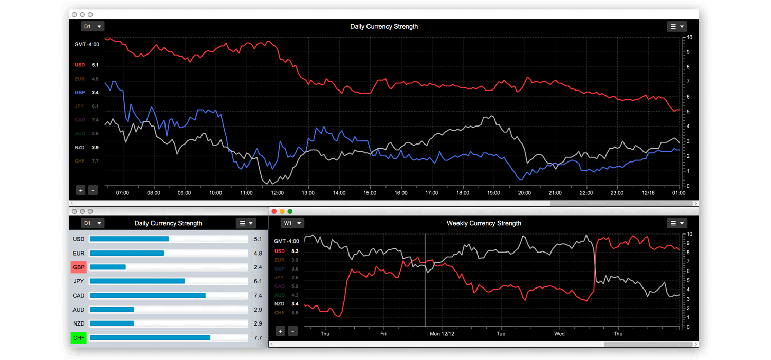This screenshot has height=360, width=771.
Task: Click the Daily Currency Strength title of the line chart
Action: pyautogui.click(x=384, y=26)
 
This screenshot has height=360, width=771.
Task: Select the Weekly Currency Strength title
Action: pyautogui.click(x=484, y=223)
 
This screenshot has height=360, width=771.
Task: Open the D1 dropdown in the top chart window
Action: pyautogui.click(x=93, y=26)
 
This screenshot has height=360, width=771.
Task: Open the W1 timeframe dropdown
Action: pyautogui.click(x=292, y=223)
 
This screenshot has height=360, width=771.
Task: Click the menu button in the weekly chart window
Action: pyautogui.click(x=676, y=223)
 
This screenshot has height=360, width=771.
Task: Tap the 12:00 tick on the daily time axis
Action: pyautogui.click(x=277, y=193)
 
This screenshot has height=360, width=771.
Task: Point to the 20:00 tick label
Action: pyautogui.click(x=524, y=193)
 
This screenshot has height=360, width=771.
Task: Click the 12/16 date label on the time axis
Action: pyautogui.click(x=647, y=193)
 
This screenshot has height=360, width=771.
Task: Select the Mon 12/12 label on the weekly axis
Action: pyautogui.click(x=442, y=334)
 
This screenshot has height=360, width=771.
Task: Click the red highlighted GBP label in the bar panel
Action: pyautogui.click(x=79, y=267)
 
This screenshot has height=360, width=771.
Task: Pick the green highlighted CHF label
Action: pyautogui.click(x=79, y=338)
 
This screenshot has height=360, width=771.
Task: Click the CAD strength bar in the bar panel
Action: pyautogui.click(x=148, y=296)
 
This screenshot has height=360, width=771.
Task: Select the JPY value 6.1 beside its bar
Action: pyautogui.click(x=258, y=281)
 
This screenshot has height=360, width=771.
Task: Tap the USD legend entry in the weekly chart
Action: pyautogui.click(x=280, y=251)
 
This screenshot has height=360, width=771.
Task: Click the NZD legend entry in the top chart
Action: pyautogui.click(x=80, y=148)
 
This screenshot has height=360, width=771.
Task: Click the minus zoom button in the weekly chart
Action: pyautogui.click(x=293, y=331)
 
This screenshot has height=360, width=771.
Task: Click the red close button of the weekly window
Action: pyautogui.click(x=274, y=211)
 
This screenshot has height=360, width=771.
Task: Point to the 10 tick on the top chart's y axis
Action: pyautogui.click(x=689, y=38)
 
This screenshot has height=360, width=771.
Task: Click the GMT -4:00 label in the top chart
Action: pyautogui.click(x=86, y=44)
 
